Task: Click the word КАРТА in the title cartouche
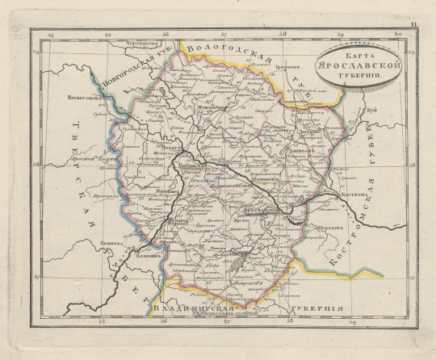[354, 55]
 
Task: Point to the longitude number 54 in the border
[51, 35]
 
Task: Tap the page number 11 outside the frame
[414, 27]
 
